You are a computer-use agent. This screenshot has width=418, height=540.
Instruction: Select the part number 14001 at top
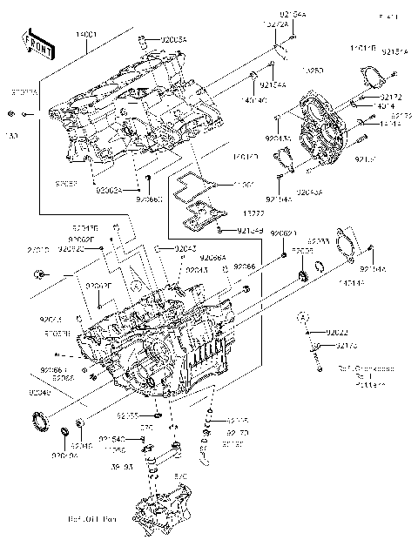click(x=87, y=32)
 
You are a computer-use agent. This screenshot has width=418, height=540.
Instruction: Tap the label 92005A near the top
click(x=172, y=39)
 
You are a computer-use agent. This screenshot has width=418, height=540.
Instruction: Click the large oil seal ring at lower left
click(x=41, y=421)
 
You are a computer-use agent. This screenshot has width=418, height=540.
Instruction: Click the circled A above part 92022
click(x=302, y=314)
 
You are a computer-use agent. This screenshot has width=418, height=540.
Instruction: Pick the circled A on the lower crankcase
click(x=136, y=284)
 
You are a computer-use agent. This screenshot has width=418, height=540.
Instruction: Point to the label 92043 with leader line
click(x=184, y=250)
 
